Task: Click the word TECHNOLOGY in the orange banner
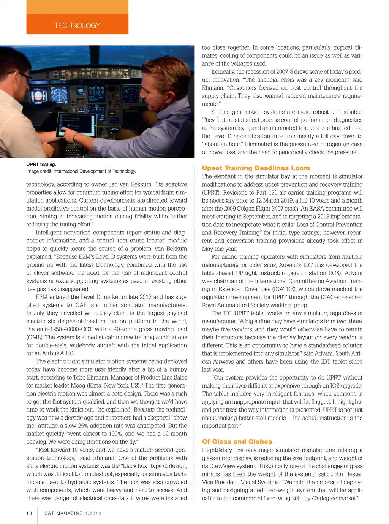[77, 25]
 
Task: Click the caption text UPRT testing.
[41, 165]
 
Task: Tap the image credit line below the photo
[81, 171]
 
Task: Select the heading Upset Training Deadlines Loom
[256, 168]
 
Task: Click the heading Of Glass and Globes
[237, 442]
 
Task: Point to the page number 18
[29, 513]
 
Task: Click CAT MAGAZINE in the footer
[63, 513]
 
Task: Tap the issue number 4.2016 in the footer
[93, 513]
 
